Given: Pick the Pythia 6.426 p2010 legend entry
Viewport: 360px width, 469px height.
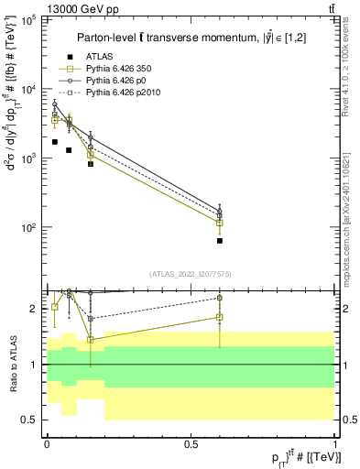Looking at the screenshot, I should pos(123,93).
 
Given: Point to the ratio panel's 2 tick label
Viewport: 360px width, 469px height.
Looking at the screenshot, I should pos(33,309).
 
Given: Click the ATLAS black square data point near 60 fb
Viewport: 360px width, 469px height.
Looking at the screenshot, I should pos(220,241).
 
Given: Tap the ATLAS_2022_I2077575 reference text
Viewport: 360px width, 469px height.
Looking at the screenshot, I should pos(191,273).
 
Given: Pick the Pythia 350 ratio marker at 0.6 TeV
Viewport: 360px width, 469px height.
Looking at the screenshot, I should pos(220,317).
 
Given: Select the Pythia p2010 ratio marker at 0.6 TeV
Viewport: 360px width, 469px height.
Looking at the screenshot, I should pos(220,298).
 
